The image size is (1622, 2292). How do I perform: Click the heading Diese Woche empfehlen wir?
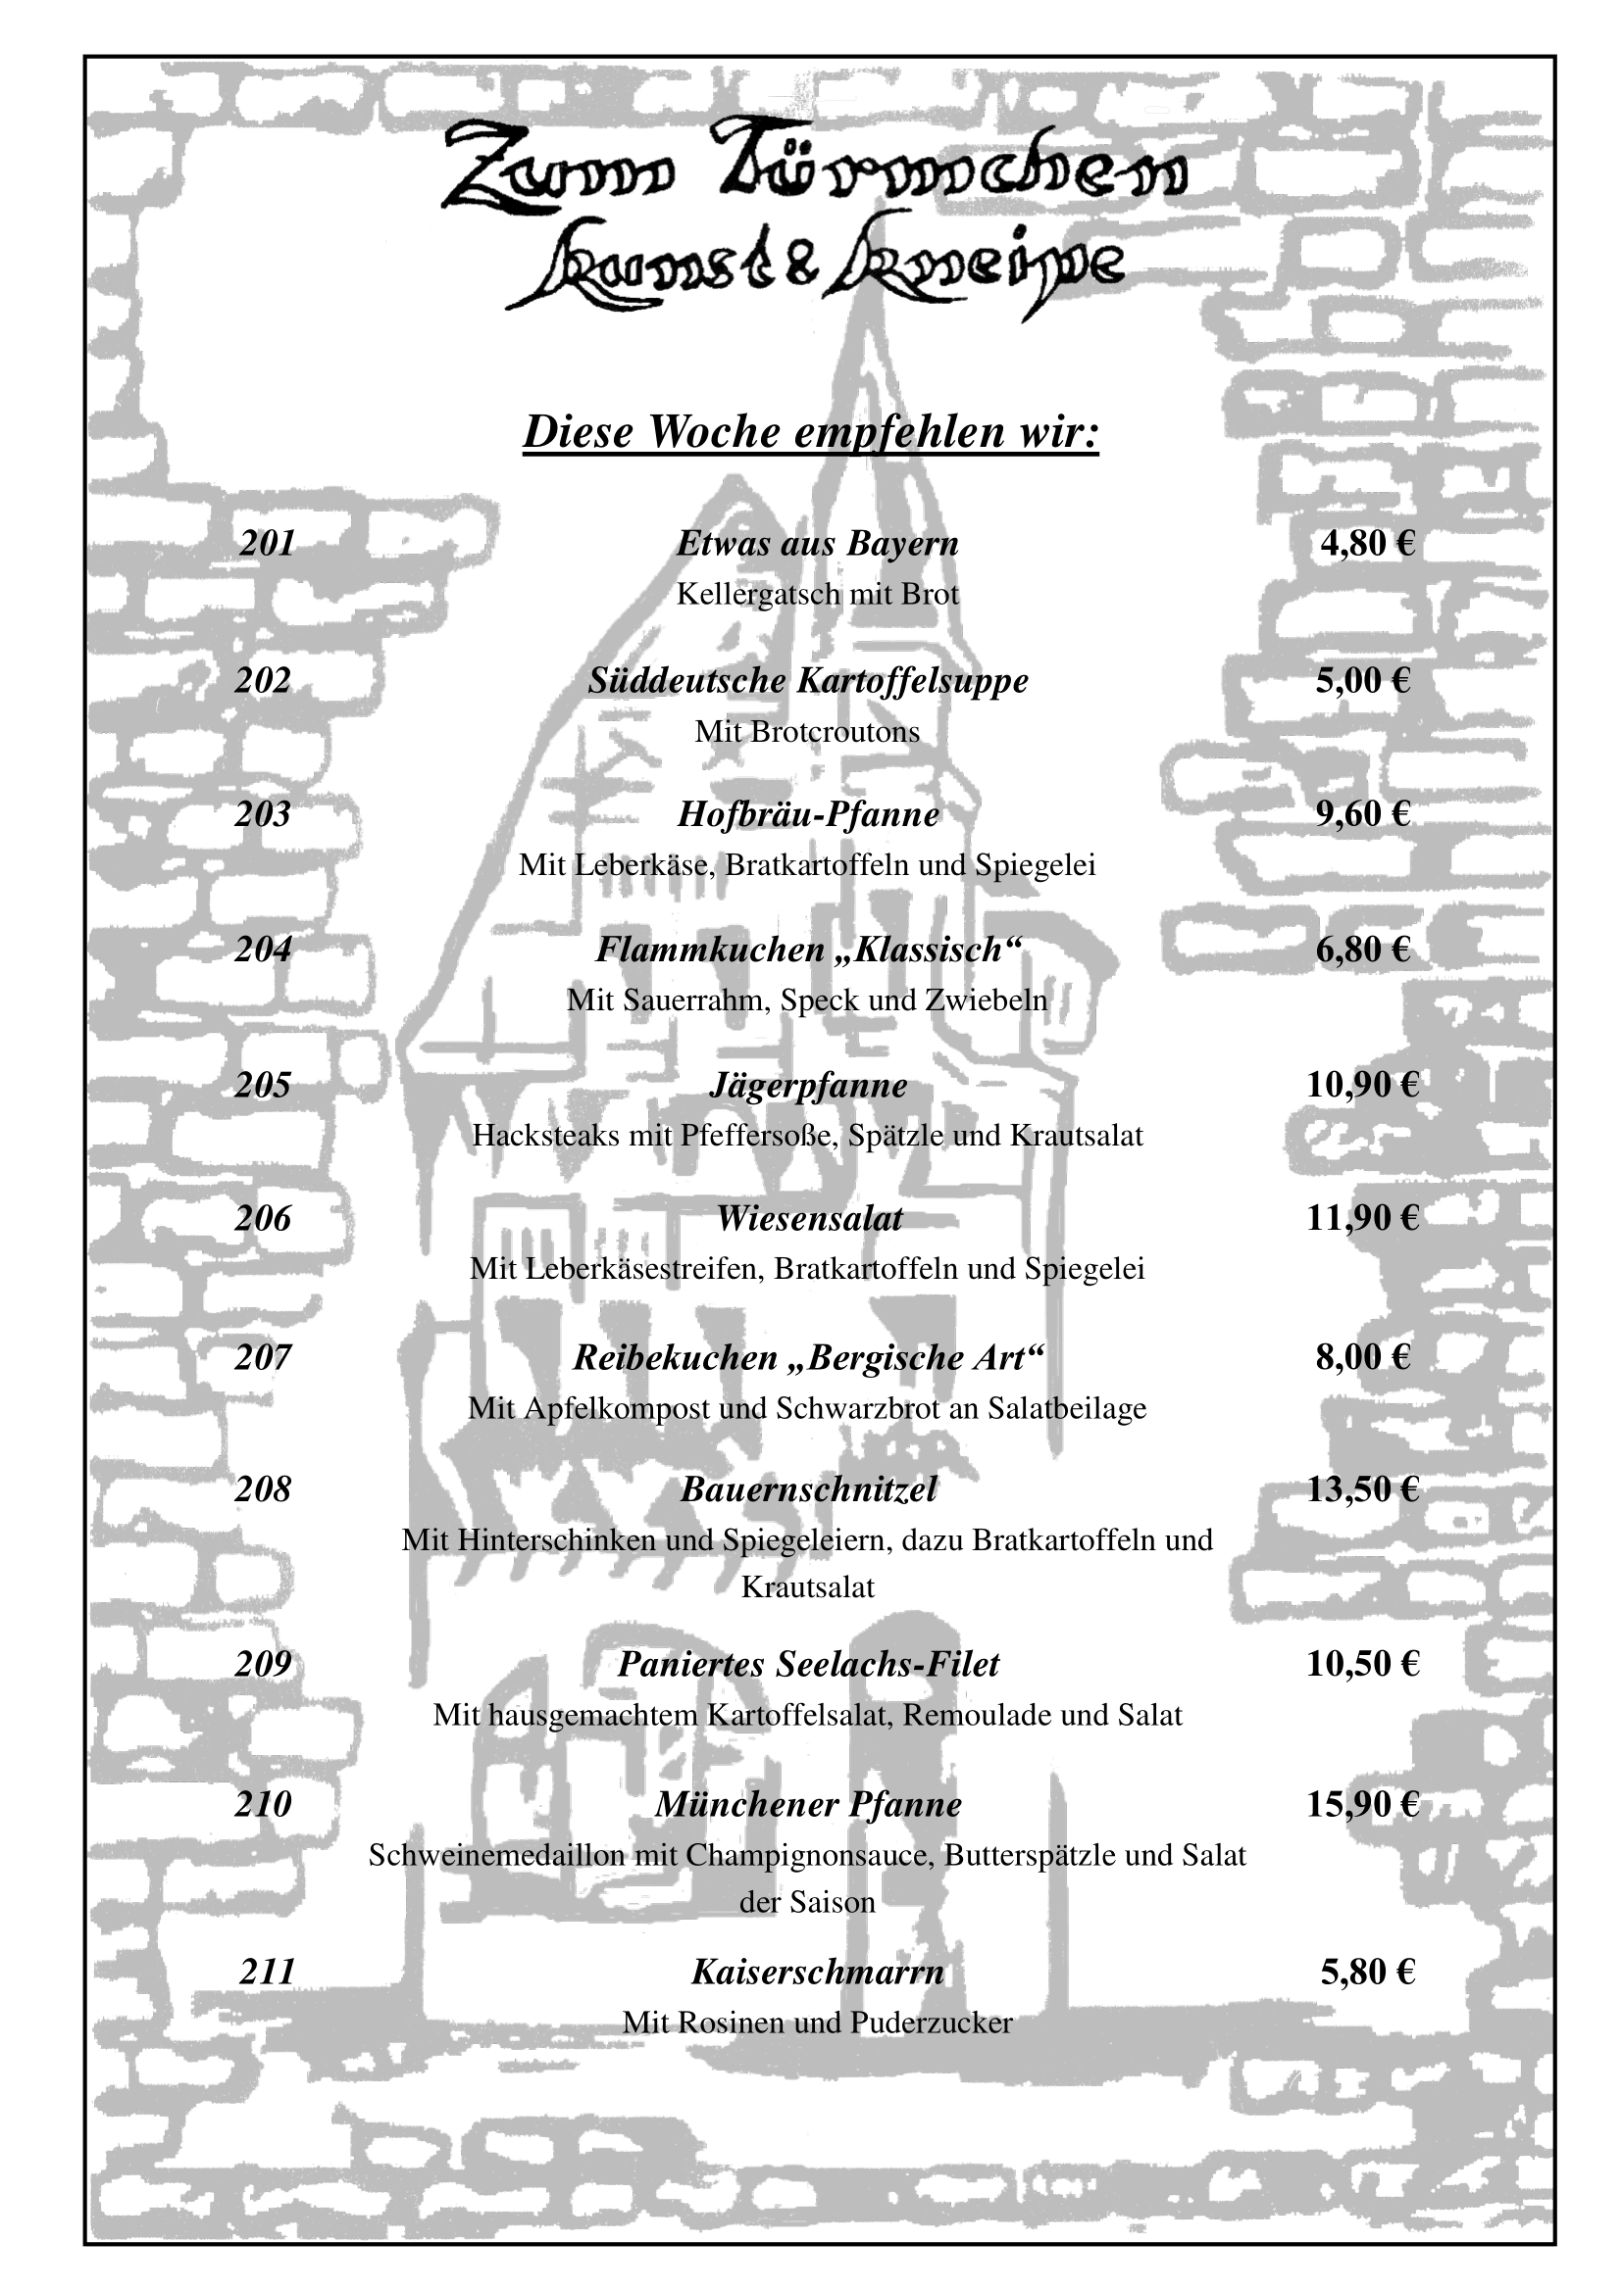[811, 432]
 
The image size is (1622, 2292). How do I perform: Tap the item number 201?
[268, 543]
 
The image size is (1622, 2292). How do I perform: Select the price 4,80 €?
[1367, 543]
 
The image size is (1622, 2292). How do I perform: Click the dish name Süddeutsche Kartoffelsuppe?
[808, 681]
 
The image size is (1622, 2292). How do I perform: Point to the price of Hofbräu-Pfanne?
[1362, 813]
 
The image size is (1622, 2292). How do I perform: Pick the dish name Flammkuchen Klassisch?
[809, 950]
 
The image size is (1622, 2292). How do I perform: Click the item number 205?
[263, 1084]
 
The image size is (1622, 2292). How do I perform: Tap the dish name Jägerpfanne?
[808, 1086]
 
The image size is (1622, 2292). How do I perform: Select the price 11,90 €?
[1362, 1218]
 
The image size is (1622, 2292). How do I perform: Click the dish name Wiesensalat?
[809, 1218]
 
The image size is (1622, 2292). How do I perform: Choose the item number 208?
[263, 1489]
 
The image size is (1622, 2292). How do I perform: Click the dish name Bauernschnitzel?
[809, 1489]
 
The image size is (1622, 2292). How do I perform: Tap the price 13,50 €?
[1362, 1489]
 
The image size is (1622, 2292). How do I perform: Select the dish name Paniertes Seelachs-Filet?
[808, 1664]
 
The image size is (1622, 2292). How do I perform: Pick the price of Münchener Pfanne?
[1362, 1804]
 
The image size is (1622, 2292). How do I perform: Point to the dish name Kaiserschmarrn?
[817, 1972]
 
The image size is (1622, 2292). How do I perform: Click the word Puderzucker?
[931, 2023]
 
